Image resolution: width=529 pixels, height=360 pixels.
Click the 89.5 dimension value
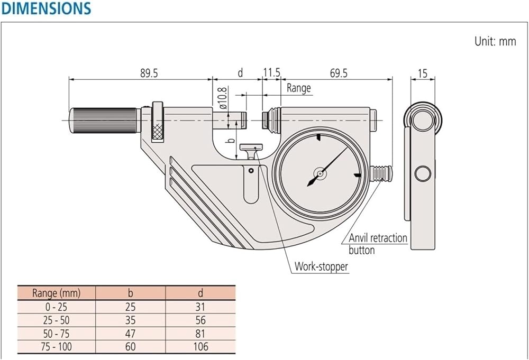[149, 73]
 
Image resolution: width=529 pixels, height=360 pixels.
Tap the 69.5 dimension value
[339, 73]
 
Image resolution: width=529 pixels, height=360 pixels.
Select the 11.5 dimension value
[271, 72]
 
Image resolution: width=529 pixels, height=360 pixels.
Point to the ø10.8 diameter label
[223, 98]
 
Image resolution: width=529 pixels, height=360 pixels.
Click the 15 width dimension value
[422, 73]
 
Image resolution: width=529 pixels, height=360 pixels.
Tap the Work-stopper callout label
[321, 266]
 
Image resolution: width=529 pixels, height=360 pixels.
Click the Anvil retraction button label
[378, 244]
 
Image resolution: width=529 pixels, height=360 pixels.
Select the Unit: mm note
[495, 41]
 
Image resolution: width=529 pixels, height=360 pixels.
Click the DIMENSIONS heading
[46, 8]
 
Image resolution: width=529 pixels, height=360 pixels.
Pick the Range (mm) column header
[57, 293]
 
